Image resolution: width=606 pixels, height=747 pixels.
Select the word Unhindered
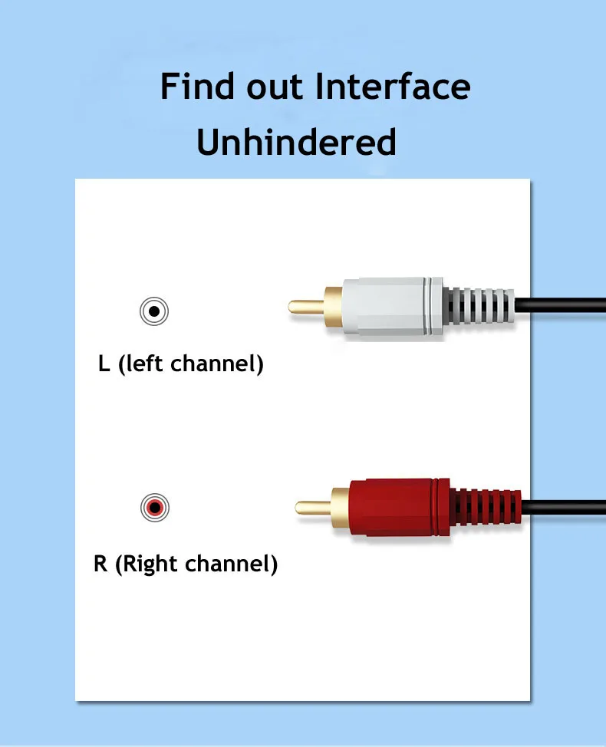(x=296, y=143)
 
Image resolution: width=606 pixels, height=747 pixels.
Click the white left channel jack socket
(x=154, y=311)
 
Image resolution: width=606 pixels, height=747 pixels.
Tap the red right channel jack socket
(x=154, y=507)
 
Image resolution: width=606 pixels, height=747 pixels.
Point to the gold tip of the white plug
(x=305, y=306)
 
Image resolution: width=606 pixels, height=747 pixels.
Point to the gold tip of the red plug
(x=313, y=506)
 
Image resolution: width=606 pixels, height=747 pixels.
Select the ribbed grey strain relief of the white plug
(x=479, y=305)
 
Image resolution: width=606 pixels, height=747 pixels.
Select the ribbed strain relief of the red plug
(x=486, y=506)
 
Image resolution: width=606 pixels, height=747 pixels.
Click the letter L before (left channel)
(x=104, y=364)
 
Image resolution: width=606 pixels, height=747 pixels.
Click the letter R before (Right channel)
(x=100, y=565)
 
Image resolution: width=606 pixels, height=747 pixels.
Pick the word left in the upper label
(x=144, y=364)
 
